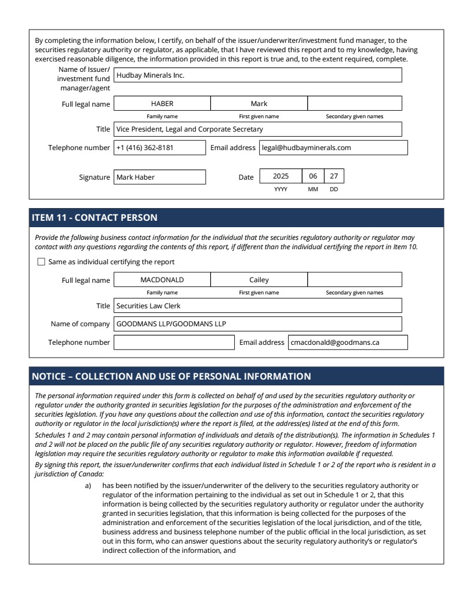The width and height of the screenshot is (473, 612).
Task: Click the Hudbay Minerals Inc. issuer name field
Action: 257,75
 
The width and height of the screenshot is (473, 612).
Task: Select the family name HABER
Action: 162,104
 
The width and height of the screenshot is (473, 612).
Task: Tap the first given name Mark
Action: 259,104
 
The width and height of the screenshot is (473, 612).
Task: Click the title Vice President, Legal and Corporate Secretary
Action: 257,129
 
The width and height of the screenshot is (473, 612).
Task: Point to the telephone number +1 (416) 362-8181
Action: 159,148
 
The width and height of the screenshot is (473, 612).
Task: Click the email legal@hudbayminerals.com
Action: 333,148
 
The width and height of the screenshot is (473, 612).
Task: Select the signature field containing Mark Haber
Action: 159,177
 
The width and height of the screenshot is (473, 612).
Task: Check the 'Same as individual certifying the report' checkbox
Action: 41,262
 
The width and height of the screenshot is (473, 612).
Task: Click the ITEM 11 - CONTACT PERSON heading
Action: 94,218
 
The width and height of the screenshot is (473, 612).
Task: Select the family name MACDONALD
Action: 162,280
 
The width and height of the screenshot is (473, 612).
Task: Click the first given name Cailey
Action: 259,280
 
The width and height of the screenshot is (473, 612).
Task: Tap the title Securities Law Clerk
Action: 257,305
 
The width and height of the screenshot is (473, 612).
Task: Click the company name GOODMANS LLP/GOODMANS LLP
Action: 257,324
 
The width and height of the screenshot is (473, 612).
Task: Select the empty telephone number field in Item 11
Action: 174,343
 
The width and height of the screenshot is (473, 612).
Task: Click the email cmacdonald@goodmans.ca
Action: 348,343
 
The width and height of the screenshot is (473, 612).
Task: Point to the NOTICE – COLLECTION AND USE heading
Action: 171,377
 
